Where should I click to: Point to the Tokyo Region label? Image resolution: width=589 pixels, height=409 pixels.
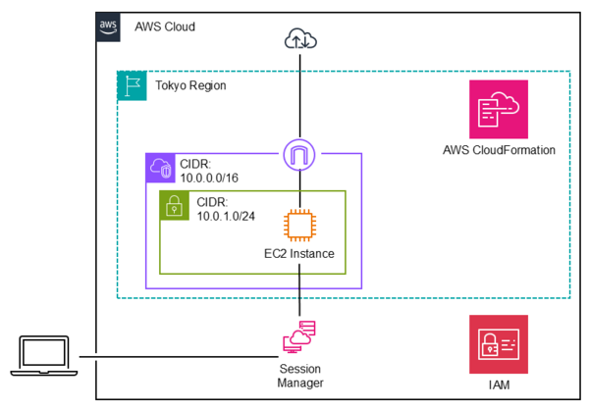[190, 85]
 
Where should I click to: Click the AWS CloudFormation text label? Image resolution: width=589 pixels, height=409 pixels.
[500, 150]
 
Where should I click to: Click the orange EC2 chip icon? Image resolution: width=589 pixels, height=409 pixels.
[298, 225]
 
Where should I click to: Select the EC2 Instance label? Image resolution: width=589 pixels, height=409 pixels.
[299, 254]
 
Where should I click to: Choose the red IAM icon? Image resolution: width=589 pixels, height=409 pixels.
[499, 343]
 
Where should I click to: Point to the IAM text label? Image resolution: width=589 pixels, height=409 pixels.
[499, 383]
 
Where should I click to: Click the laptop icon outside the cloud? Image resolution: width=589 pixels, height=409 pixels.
[45, 355]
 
